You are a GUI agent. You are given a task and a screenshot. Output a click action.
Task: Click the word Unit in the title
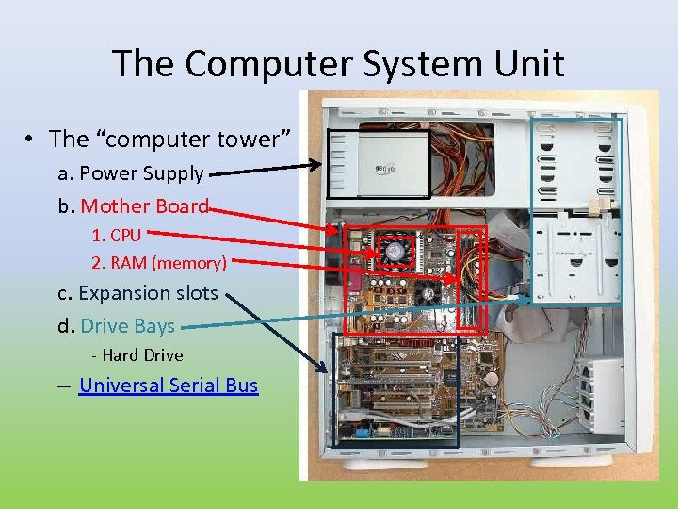coord(529,64)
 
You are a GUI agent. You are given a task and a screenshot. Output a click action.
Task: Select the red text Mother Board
coord(144,206)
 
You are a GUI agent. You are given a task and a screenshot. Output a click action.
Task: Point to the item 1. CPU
coord(116,235)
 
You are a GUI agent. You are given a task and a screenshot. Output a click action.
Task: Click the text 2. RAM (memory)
coord(158,262)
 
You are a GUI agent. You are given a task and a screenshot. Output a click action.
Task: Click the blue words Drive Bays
coord(127,326)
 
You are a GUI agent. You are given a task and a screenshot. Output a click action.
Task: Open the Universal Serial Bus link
coord(169,385)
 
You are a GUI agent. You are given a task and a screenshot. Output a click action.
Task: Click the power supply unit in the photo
coord(377,163)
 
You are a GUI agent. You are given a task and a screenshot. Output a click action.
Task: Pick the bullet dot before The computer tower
coord(31,140)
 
